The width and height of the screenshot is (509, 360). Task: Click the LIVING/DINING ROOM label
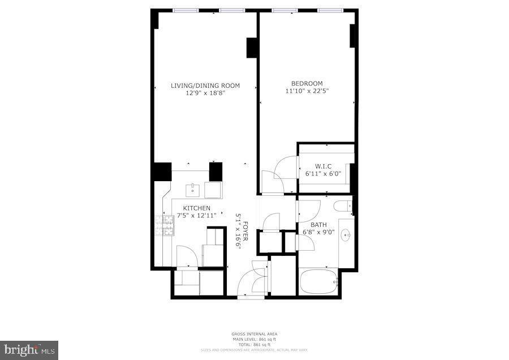point(205,85)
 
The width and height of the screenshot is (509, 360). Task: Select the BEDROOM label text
point(307,83)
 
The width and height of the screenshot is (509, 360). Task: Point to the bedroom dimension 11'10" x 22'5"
point(307,91)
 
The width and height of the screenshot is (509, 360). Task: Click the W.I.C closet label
point(323,166)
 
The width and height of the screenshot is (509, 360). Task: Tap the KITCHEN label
point(196,208)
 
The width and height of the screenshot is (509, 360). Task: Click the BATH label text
point(311,225)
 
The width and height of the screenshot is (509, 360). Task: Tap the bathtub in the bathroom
point(318,281)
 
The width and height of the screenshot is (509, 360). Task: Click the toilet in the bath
point(343,207)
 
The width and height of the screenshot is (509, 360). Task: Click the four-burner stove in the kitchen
point(163,225)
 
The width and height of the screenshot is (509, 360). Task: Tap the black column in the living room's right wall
point(252,48)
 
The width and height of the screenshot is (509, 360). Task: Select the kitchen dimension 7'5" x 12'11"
point(196,216)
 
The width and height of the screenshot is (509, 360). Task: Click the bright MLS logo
point(29,350)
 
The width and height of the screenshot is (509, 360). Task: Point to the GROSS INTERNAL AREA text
point(254,334)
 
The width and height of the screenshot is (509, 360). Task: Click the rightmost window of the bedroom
point(330,10)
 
